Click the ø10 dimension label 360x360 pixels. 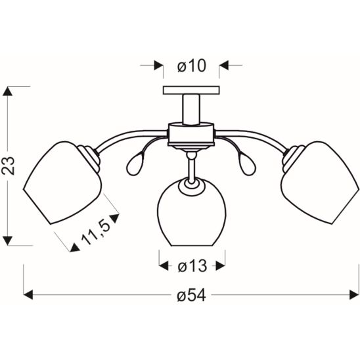tap(192, 66)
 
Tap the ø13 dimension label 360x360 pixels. tap(192, 266)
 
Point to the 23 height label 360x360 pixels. tap(9, 166)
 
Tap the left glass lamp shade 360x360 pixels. tap(62, 183)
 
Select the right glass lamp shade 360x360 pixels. tap(320, 183)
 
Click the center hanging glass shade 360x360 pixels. tap(191, 212)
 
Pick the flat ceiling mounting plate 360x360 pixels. tap(191, 90)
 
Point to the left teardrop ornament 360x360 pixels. tap(136, 165)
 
